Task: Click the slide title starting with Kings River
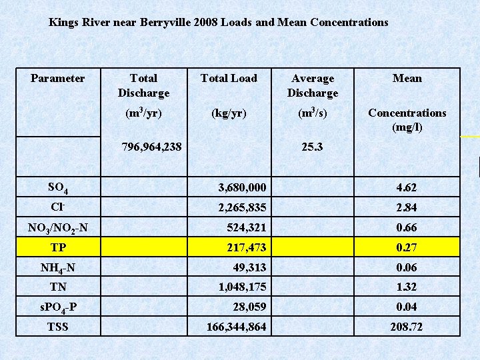point(218,22)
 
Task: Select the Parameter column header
point(58,79)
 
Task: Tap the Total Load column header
point(229,79)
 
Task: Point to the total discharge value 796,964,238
point(151,145)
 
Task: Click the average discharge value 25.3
point(311,145)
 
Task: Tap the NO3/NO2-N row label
point(58,229)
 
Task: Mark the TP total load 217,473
point(246,248)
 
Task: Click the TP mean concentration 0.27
point(407,248)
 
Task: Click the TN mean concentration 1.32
point(407,287)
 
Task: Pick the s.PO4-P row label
point(58,308)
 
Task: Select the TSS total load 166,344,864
point(237,327)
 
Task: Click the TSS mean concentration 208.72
point(407,327)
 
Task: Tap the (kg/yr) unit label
point(229,113)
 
